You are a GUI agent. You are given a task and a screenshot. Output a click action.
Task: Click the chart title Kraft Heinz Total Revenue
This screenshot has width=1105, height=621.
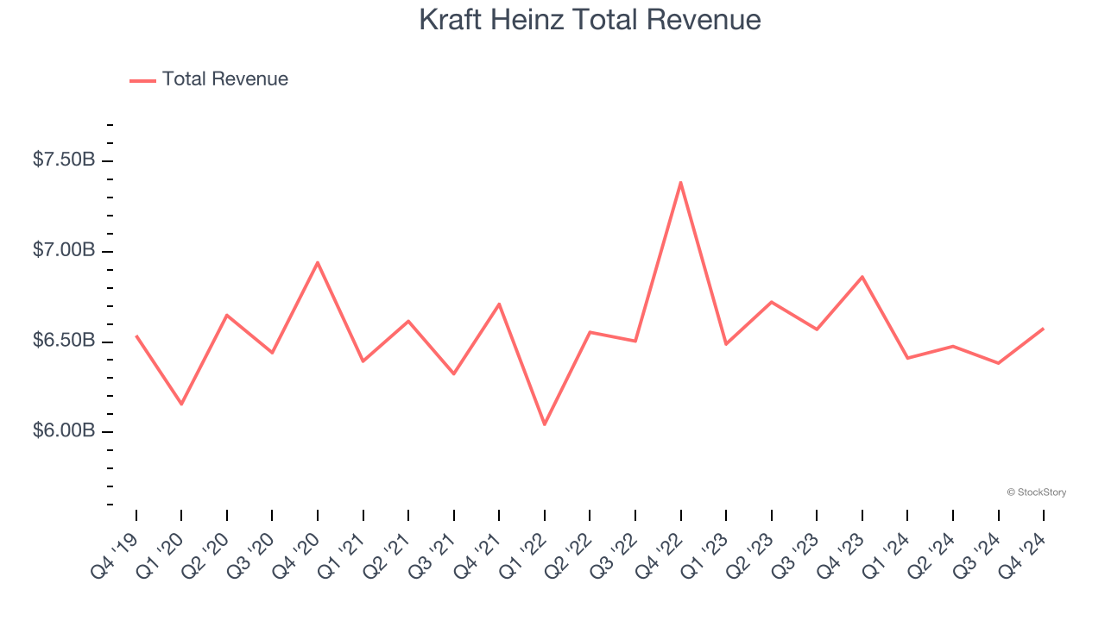click(590, 20)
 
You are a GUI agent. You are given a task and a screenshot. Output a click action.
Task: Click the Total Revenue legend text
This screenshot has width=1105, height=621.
click(224, 79)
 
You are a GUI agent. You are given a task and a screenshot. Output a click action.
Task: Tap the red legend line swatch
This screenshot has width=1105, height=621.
click(142, 80)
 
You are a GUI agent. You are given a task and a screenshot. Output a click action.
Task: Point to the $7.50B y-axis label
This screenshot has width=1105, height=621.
click(64, 160)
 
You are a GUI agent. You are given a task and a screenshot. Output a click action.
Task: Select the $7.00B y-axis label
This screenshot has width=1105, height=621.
click(64, 251)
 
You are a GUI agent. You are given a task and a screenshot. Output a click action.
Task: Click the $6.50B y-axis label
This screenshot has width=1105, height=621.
click(64, 342)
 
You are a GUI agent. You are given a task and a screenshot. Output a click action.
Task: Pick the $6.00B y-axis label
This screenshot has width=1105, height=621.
click(64, 431)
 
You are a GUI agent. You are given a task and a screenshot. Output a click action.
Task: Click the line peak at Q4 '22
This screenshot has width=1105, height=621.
click(680, 182)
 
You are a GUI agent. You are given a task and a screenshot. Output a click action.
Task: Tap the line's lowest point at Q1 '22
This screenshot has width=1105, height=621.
click(545, 424)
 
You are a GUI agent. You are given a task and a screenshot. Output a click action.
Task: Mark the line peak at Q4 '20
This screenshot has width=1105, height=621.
click(318, 262)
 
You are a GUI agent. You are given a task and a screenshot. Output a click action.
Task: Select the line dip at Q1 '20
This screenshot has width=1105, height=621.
click(181, 404)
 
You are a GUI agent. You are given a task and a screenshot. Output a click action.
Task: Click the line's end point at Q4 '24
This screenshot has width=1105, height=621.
click(1043, 329)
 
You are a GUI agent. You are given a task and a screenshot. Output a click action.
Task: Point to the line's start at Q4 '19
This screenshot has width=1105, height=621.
click(136, 336)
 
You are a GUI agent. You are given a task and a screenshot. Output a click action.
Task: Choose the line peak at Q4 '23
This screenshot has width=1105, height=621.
click(862, 277)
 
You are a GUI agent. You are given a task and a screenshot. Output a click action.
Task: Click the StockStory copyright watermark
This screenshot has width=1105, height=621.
click(1036, 492)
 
